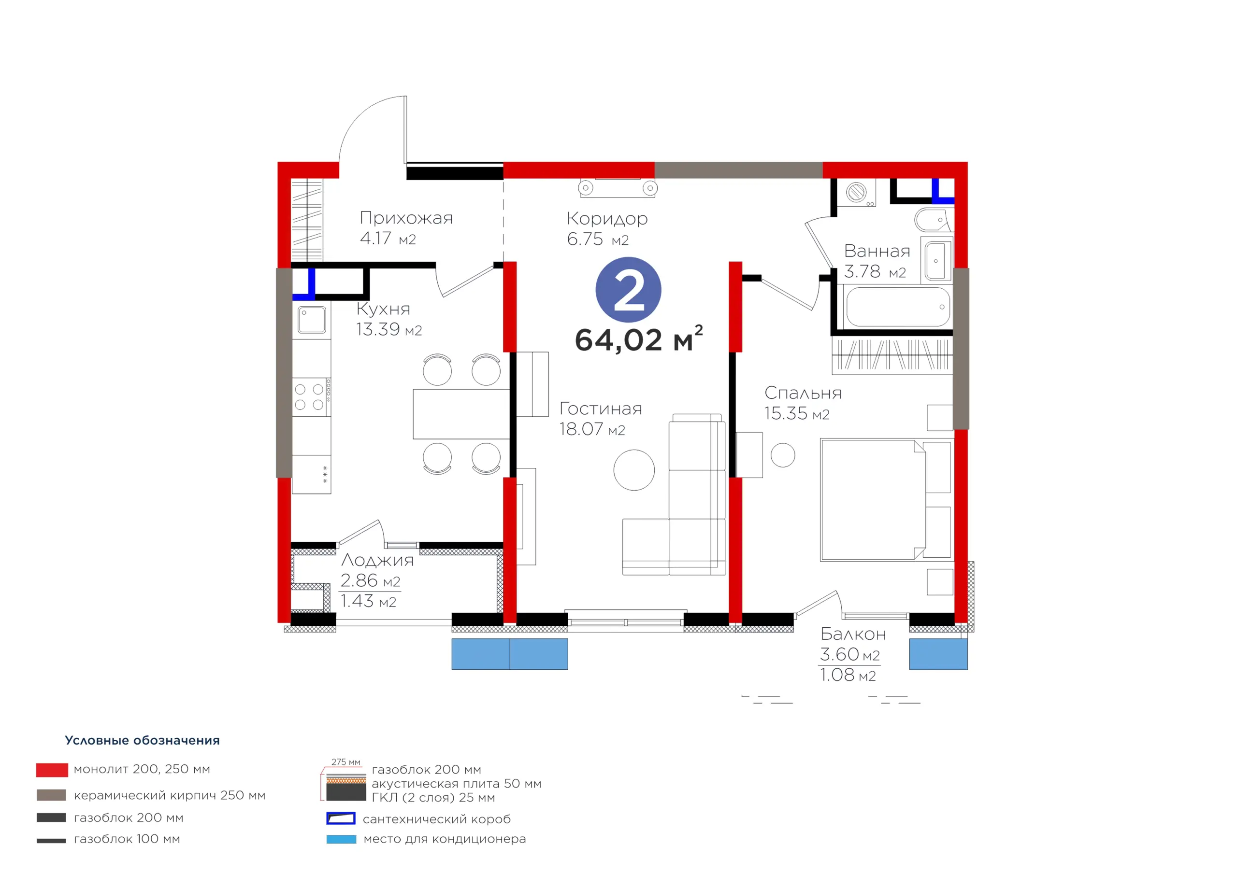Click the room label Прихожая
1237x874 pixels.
[x=406, y=218]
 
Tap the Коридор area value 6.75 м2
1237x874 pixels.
[x=598, y=239]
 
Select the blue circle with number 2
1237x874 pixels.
[x=628, y=290]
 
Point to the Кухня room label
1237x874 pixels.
[x=383, y=309]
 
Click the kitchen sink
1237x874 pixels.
[x=311, y=320]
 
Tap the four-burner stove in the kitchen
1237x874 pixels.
[x=311, y=397]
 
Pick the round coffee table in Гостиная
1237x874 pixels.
[x=634, y=470]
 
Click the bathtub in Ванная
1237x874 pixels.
[x=898, y=307]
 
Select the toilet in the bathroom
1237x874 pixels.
[x=934, y=220]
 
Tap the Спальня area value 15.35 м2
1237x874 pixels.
[x=797, y=413]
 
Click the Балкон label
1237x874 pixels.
[x=853, y=634]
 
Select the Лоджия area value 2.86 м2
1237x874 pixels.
[x=370, y=580]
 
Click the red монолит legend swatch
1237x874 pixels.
[x=52, y=770]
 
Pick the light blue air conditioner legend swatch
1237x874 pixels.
[x=341, y=839]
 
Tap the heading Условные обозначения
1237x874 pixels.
[x=142, y=740]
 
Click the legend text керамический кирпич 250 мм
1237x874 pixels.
[x=170, y=795]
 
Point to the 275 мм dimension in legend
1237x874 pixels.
[x=346, y=762]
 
